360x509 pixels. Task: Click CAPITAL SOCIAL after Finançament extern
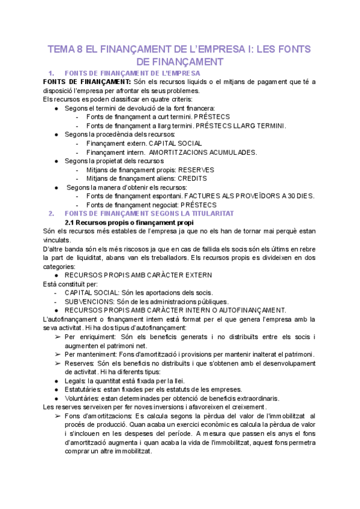pyautogui.click(x=175, y=143)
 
